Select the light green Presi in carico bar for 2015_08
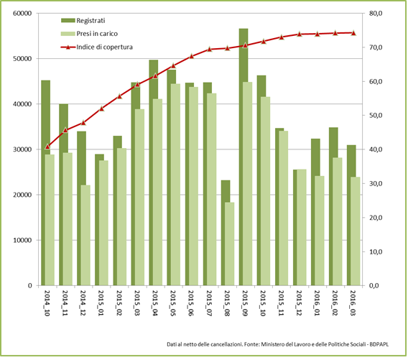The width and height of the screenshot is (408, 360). tap(229, 244)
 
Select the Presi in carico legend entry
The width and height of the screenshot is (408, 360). tap(95, 34)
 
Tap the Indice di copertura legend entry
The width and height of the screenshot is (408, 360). tap(101, 47)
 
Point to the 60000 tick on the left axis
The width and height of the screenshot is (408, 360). tap(22, 14)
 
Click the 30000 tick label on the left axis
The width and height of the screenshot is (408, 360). tap(22, 149)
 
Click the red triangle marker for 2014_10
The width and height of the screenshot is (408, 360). tap(47, 146)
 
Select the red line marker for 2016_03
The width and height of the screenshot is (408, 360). tap(353, 32)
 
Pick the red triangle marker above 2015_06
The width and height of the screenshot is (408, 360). tap(191, 56)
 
